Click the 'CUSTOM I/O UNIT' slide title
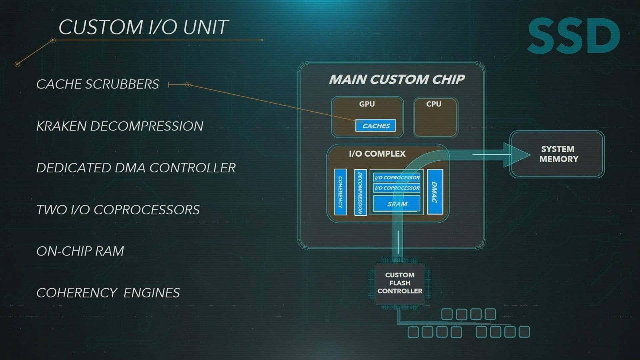tap(143, 27)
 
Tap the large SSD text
tap(574, 36)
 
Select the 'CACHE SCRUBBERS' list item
tap(98, 84)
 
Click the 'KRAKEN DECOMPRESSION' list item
tap(120, 126)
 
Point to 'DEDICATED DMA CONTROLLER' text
tap(136, 168)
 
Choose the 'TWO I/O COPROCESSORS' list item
tap(118, 210)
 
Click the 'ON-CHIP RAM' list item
tap(80, 251)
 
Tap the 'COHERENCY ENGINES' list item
tap(108, 293)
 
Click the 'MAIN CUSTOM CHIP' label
tap(396, 79)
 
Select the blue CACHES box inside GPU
tap(375, 126)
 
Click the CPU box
tap(435, 117)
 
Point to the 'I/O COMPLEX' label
tap(377, 154)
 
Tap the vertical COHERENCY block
tap(340, 192)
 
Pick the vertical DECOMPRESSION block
tap(360, 192)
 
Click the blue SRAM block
tap(397, 204)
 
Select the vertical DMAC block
tap(435, 192)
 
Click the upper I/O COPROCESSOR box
tap(397, 177)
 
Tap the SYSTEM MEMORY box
tap(558, 154)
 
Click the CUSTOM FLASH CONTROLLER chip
tap(400, 283)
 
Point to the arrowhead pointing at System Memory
tap(518, 154)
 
